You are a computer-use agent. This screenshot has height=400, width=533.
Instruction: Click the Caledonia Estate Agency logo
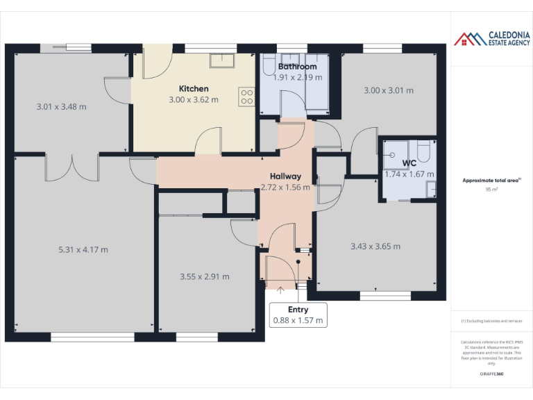click(492, 38)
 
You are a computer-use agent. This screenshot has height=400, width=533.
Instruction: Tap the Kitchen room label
click(194, 89)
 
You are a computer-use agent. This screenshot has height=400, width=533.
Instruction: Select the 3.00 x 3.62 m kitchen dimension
click(194, 100)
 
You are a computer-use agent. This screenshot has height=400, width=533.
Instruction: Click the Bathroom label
click(297, 67)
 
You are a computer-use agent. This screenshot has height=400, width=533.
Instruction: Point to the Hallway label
click(285, 176)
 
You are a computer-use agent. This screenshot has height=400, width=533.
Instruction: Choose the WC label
click(409, 164)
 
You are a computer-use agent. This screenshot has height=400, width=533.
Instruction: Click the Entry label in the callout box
click(298, 310)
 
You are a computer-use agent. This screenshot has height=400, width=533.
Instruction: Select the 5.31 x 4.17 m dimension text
click(83, 250)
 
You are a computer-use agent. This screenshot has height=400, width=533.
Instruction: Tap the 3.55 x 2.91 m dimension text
click(205, 276)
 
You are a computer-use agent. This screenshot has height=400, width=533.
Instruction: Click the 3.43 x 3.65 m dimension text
click(375, 246)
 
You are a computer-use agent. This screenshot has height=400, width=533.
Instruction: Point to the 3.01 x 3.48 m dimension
click(61, 107)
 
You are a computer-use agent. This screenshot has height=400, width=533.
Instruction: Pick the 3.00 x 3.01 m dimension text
click(389, 90)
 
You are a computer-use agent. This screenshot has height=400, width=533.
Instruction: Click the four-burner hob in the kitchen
click(246, 97)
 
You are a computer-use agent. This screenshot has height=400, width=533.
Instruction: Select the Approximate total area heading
click(491, 181)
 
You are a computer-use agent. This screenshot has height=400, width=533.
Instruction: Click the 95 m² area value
click(491, 189)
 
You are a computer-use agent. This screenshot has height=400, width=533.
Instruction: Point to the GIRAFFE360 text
click(491, 374)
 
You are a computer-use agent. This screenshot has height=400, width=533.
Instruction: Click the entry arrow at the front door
click(280, 290)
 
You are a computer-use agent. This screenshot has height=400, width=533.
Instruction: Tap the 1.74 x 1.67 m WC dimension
click(409, 174)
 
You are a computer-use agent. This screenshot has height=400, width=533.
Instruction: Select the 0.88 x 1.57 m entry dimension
click(298, 321)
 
